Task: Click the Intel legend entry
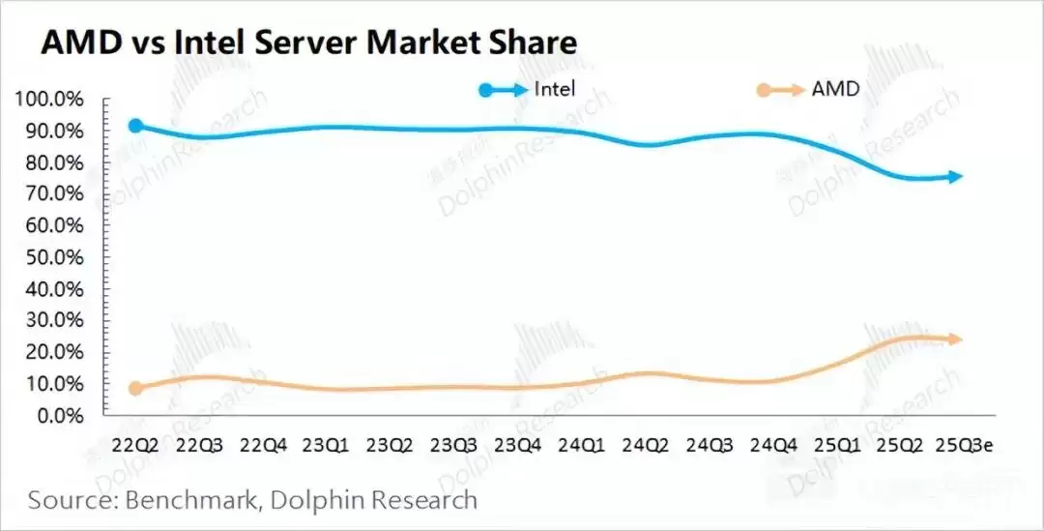(x=555, y=90)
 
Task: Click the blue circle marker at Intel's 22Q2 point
(x=136, y=126)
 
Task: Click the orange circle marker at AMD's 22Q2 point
(x=136, y=388)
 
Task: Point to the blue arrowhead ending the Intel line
(x=955, y=176)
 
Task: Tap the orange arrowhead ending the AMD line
(x=955, y=339)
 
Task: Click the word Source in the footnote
(x=68, y=500)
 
